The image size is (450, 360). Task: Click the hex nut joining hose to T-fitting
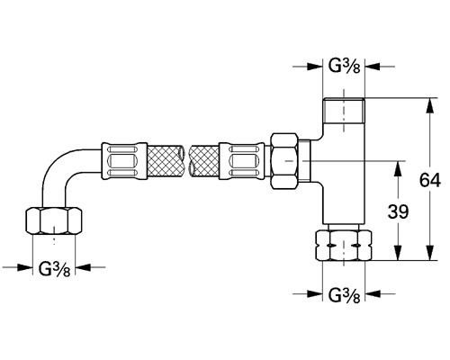(x=285, y=162)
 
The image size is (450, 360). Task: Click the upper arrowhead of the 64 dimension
(x=425, y=103)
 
